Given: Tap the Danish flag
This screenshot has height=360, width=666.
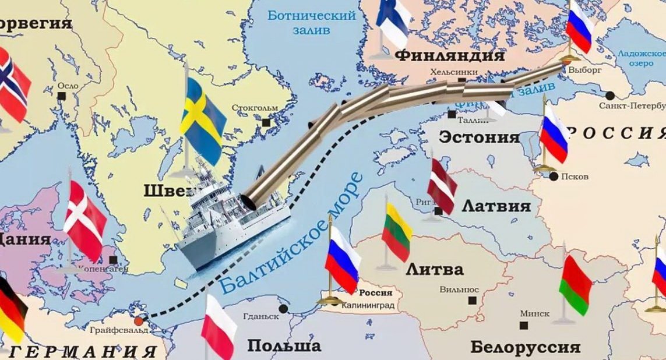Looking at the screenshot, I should (x=84, y=220).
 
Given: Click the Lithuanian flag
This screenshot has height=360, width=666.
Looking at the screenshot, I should (x=397, y=232).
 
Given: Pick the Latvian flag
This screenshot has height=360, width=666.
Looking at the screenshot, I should (x=442, y=186).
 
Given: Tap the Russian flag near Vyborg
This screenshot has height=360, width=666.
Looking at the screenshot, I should (x=579, y=27).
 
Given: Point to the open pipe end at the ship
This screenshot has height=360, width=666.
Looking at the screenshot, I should (x=252, y=201).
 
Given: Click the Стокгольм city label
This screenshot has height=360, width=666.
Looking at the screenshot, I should (x=255, y=108).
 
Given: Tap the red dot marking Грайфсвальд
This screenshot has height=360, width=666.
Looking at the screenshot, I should (x=138, y=321).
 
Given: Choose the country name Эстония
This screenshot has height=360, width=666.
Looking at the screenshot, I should (x=478, y=137).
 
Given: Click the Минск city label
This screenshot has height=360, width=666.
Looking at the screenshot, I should (x=534, y=313).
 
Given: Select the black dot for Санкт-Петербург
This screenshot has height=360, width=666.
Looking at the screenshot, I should (x=609, y=95).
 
